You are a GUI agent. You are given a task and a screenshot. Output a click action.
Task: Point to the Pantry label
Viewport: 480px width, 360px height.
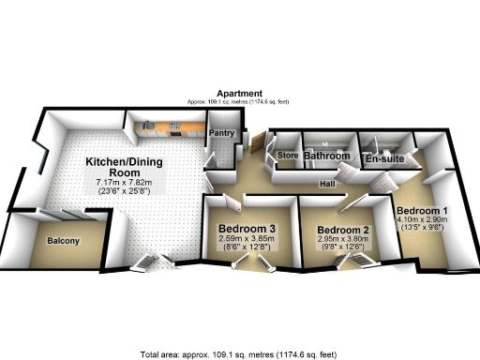coord(221,133)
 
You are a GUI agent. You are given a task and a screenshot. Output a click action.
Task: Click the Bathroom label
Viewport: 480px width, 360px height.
coord(326,156)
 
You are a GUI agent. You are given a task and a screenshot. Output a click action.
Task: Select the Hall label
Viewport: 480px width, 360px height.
coord(328,184)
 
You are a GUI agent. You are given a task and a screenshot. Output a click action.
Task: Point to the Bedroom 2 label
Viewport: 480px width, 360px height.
coord(342,231)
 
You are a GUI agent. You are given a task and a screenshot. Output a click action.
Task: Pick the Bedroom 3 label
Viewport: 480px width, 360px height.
coord(246,229)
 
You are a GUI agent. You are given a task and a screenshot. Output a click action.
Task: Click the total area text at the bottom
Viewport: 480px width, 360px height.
coord(238,354)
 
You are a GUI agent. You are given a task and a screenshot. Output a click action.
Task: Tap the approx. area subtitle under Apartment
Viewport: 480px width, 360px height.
coord(238,101)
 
